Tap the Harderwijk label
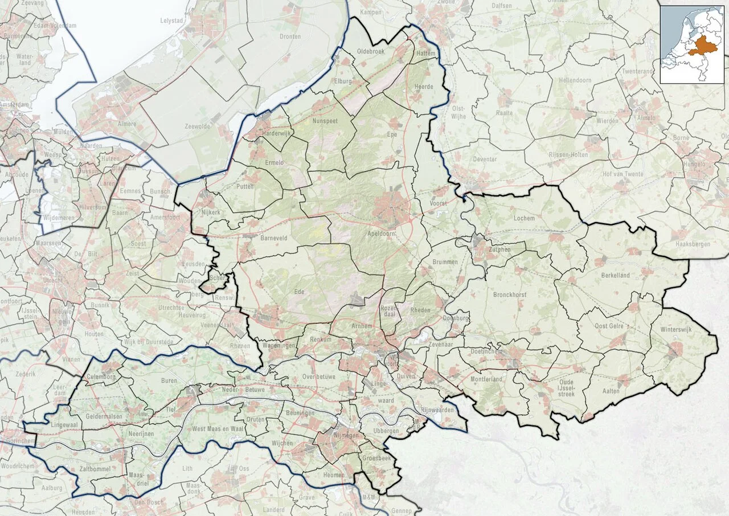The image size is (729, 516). [275, 133]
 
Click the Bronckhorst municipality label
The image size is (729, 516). [510, 295]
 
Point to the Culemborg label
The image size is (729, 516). [100, 376]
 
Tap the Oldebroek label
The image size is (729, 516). [370, 51]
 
